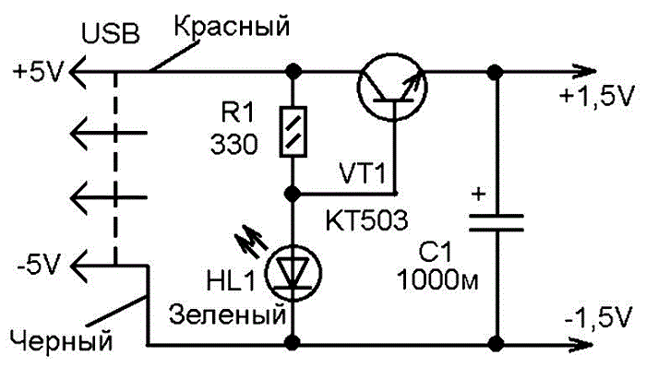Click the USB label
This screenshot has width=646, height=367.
click(x=111, y=33)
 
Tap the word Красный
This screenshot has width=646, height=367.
click(x=232, y=27)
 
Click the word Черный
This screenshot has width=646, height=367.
click(x=61, y=341)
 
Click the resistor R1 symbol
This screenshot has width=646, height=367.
click(x=293, y=132)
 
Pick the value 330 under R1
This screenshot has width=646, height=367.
click(x=234, y=145)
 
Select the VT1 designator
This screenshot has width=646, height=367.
click(x=362, y=173)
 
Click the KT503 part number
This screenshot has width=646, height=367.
click(x=366, y=220)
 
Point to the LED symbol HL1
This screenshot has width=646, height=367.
click(x=293, y=273)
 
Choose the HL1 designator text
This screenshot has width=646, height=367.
click(x=231, y=281)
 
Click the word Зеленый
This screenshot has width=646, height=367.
click(x=227, y=314)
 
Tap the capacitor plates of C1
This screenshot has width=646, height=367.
click(x=496, y=222)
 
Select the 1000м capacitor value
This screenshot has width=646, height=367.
click(x=437, y=281)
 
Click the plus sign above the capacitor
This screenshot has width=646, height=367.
click(x=478, y=194)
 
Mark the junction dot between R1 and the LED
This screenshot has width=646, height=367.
click(x=293, y=193)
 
